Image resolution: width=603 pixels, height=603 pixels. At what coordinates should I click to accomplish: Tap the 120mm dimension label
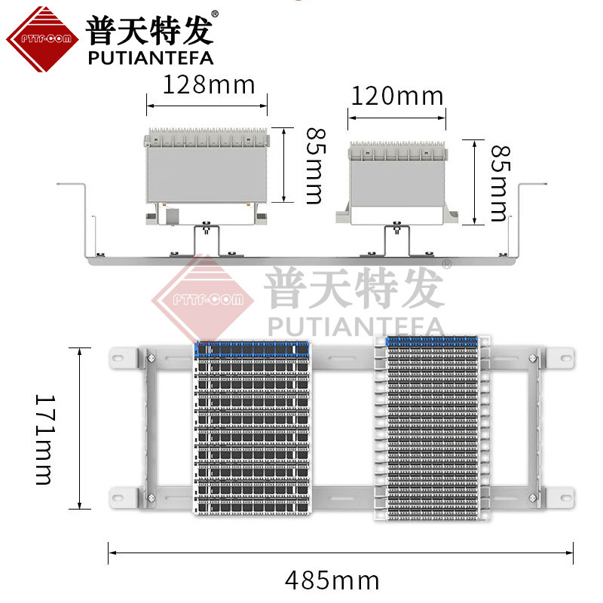(396, 96)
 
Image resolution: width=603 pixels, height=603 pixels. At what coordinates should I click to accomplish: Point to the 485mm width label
(332, 580)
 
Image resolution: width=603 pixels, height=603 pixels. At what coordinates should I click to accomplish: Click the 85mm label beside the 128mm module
(313, 165)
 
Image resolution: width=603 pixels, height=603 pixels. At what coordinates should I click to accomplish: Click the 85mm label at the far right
(498, 182)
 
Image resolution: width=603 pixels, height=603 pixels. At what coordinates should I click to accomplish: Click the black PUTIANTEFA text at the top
(151, 57)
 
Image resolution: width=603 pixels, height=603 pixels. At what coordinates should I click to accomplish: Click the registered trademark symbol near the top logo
(215, 14)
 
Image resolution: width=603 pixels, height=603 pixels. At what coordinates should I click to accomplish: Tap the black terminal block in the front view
(253, 430)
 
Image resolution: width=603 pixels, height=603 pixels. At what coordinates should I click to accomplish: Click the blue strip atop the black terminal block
(253, 348)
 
